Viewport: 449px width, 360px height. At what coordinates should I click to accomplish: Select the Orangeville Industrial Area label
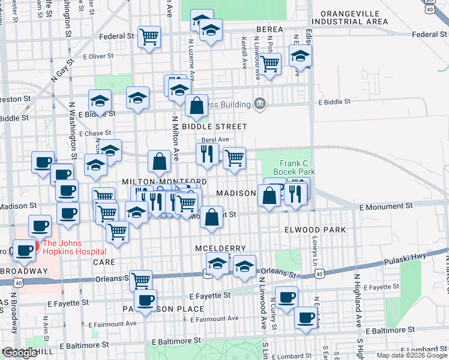tap(354, 17)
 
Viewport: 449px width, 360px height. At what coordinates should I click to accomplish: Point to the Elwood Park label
tap(315, 230)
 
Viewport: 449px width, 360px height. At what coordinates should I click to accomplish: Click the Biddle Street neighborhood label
tap(214, 127)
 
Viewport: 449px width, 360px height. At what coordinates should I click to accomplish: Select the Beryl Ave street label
tap(215, 139)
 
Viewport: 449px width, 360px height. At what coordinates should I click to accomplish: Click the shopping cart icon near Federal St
tap(149, 37)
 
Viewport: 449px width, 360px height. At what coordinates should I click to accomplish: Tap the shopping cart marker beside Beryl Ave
tap(234, 158)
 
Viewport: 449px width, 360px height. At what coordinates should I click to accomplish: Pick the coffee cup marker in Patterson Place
tap(145, 300)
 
